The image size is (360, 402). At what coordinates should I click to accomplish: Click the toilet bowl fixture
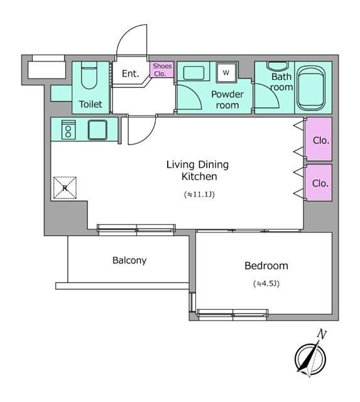pyautogui.click(x=89, y=75)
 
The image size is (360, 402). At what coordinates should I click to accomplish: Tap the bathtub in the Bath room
pyautogui.click(x=311, y=88)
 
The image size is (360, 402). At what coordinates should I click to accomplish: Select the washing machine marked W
pyautogui.click(x=226, y=73)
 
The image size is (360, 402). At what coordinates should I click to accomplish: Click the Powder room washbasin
pyautogui.click(x=194, y=73)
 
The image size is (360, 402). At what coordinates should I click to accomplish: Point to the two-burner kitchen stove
pyautogui.click(x=68, y=130)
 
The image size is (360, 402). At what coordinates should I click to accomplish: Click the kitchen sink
pyautogui.click(x=97, y=130)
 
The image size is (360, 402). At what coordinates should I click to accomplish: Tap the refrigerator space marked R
pyautogui.click(x=65, y=188)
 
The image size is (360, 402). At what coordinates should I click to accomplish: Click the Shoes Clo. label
pyautogui.click(x=162, y=70)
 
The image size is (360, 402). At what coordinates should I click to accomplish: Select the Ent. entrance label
pyautogui.click(x=131, y=74)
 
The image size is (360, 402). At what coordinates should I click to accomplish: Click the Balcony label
pyautogui.click(x=129, y=261)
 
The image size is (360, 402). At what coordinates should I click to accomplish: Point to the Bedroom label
pyautogui.click(x=266, y=266)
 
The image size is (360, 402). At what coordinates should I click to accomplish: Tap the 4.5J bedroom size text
pyautogui.click(x=266, y=283)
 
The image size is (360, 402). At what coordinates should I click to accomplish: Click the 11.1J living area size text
pyautogui.click(x=199, y=194)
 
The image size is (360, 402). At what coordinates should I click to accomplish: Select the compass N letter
pyautogui.click(x=322, y=334)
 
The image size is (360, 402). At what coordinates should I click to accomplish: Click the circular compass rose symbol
pyautogui.click(x=310, y=358)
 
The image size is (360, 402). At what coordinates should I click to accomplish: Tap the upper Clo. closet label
pyautogui.click(x=321, y=141)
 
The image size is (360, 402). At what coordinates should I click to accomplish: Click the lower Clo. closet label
pyautogui.click(x=320, y=183)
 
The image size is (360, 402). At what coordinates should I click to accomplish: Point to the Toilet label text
pyautogui.click(x=90, y=104)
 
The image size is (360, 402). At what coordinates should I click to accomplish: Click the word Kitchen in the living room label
pyautogui.click(x=199, y=177)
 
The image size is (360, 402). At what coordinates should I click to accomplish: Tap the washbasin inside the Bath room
pyautogui.click(x=278, y=66)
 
